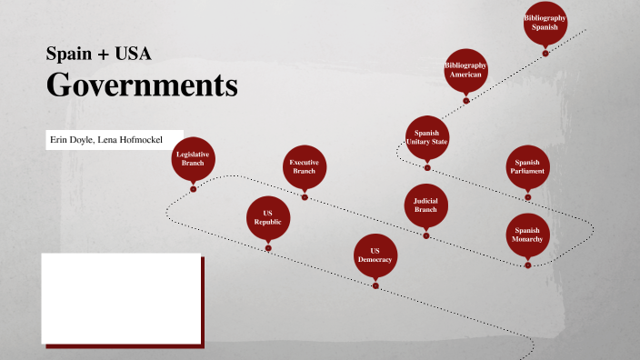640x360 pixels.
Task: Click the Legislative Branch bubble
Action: tap(193, 159)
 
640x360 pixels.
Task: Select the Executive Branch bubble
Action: tap(304, 167)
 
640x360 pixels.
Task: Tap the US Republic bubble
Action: tap(268, 216)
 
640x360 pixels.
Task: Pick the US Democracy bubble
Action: tap(375, 255)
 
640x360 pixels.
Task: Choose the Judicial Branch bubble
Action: tap(425, 205)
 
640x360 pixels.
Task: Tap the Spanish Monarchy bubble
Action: tap(527, 235)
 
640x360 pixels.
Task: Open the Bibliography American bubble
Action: tap(466, 70)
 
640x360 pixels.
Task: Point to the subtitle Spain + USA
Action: tap(98, 53)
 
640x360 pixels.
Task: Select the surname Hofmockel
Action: tap(135, 139)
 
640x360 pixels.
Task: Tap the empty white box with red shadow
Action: tap(121, 298)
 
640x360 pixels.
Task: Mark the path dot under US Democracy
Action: tap(375, 285)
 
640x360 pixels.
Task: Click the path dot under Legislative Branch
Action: tap(193, 189)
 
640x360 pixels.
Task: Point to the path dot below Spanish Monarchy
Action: tap(527, 265)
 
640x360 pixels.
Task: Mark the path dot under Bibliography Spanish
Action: tap(545, 53)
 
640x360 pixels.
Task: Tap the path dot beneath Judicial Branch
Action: tap(425, 235)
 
